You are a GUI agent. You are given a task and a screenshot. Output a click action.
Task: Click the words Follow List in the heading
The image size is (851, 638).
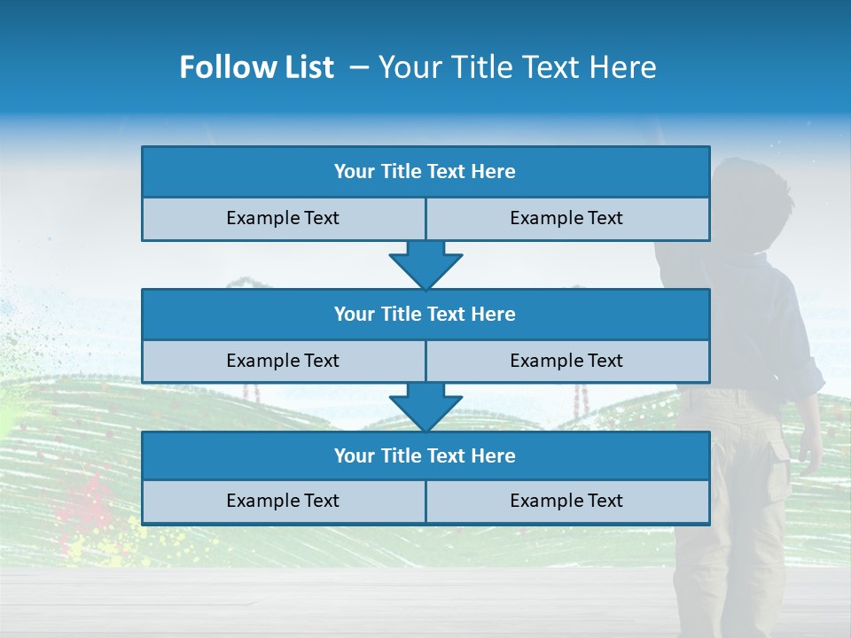point(257,67)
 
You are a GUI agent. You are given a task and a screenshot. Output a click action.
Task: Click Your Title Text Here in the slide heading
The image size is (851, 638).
point(517,67)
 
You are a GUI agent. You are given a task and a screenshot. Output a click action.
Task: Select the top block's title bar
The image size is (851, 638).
point(425,172)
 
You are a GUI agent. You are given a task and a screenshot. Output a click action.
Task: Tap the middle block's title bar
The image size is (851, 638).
point(425,315)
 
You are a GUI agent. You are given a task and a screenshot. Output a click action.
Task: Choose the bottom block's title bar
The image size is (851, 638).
point(425,456)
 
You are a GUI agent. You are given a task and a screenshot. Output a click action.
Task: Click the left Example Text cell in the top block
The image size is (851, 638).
point(283,219)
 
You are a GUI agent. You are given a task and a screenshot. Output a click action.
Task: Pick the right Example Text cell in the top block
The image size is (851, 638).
point(566,219)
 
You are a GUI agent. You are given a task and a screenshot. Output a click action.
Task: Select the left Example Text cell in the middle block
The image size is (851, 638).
point(283,362)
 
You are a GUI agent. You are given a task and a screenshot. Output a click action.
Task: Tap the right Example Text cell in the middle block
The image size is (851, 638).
point(566,362)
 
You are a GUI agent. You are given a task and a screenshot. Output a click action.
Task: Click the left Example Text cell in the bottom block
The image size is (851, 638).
point(283,502)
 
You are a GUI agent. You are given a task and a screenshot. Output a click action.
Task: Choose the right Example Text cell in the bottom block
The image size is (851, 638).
point(566,502)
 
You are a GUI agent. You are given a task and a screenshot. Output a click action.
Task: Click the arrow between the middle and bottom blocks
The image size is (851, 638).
point(425,407)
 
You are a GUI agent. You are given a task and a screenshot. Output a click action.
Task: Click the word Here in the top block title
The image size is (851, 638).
point(494,172)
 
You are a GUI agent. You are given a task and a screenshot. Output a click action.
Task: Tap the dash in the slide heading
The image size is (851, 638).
point(360,67)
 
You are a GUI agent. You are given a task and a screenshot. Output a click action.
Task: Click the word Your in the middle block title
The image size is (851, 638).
point(355,315)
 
